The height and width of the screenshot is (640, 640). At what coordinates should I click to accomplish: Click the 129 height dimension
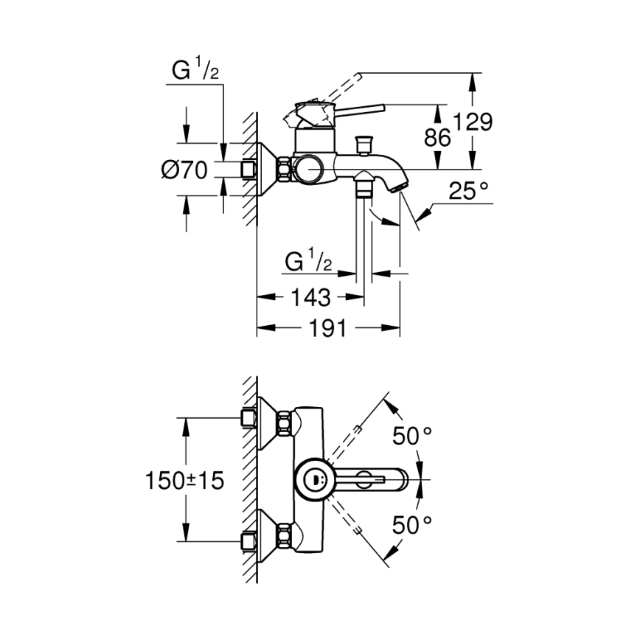473,122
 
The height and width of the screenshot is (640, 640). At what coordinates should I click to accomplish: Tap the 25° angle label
469,193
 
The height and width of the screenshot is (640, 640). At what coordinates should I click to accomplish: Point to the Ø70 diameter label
184,170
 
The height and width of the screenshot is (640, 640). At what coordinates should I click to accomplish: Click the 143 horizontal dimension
310,298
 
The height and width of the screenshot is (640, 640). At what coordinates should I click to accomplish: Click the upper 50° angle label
411,436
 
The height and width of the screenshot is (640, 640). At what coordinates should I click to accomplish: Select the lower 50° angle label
411,525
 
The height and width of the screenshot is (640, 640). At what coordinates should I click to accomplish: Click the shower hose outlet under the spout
363,187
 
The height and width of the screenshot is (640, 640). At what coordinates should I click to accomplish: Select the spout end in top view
402,481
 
